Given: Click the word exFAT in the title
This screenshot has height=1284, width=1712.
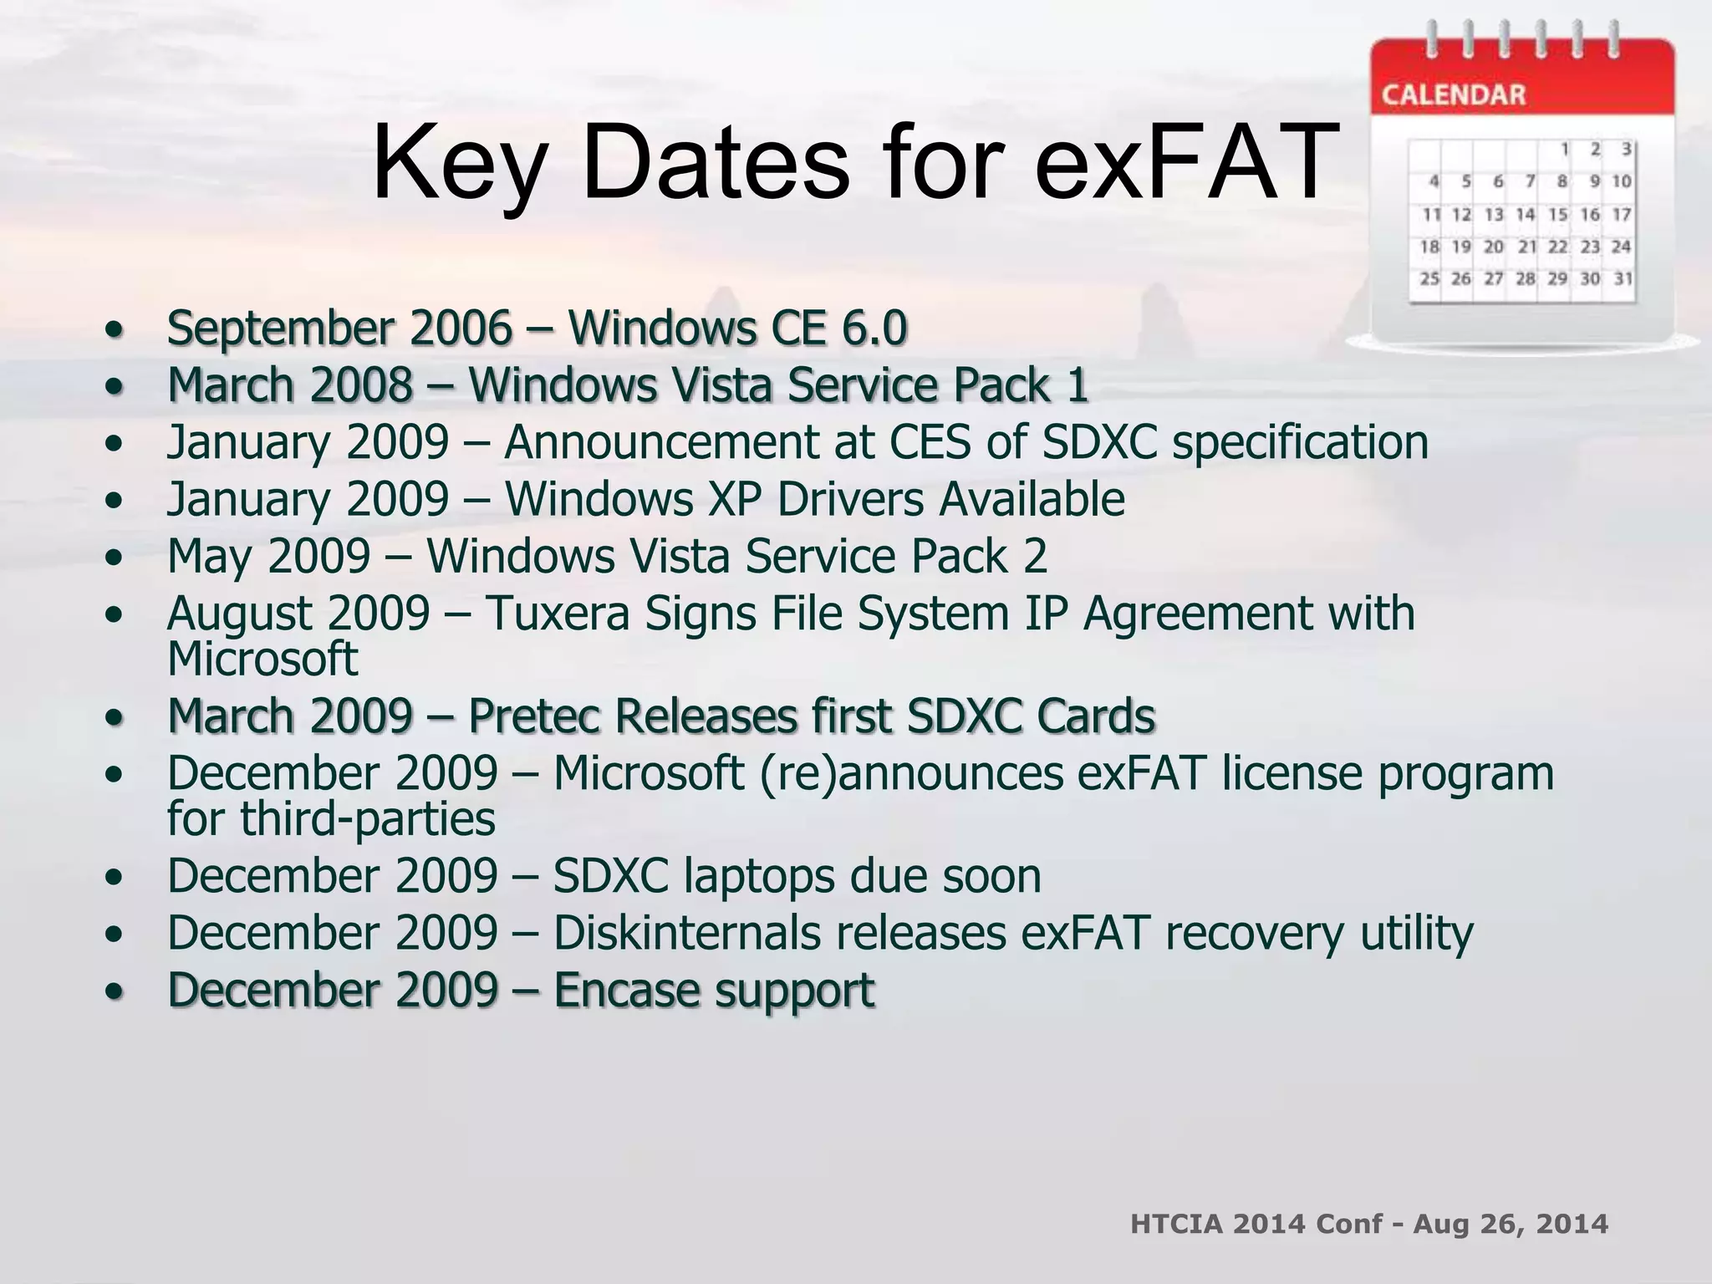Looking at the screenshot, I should [x=1187, y=163].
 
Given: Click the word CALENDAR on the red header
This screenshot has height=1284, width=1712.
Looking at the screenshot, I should [x=1454, y=95].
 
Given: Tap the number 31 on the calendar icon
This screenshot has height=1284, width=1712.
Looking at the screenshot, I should [x=1623, y=278].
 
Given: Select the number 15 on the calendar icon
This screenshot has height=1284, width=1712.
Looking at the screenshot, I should [x=1557, y=215].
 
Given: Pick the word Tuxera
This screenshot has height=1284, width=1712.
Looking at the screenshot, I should [x=557, y=614].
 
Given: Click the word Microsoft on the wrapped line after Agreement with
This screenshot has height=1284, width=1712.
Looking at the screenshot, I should [x=262, y=659].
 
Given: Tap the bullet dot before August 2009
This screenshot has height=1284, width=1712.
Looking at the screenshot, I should [x=115, y=614].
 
